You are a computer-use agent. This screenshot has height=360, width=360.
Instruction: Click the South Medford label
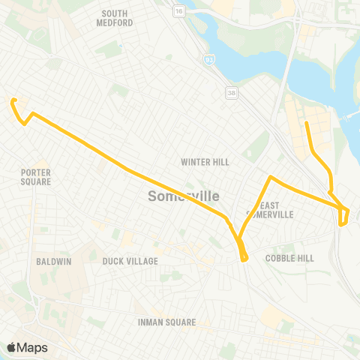(115, 18)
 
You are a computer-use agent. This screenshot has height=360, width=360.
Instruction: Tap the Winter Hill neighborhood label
(205, 162)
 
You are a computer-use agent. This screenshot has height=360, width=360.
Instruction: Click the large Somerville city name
(184, 196)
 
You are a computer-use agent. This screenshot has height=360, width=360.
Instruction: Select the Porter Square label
(36, 177)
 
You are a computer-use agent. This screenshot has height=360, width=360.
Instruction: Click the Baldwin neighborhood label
(52, 262)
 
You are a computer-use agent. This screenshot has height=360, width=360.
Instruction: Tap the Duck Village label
(130, 261)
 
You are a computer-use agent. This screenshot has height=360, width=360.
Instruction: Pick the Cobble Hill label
(289, 258)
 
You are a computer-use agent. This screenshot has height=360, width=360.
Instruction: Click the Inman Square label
(166, 322)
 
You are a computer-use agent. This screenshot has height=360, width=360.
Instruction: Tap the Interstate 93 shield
(213, 58)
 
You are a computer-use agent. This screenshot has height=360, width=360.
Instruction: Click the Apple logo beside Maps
(11, 347)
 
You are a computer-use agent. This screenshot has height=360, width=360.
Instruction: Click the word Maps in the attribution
(32, 347)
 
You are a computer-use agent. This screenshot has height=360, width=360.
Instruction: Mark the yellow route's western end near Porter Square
(13, 100)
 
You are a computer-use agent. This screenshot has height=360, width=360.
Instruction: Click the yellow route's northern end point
(306, 122)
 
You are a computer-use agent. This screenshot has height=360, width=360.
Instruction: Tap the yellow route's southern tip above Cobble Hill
(244, 259)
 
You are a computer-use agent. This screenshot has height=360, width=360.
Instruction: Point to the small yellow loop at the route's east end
(344, 217)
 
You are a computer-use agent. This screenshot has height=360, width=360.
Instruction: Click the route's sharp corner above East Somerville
(271, 178)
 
